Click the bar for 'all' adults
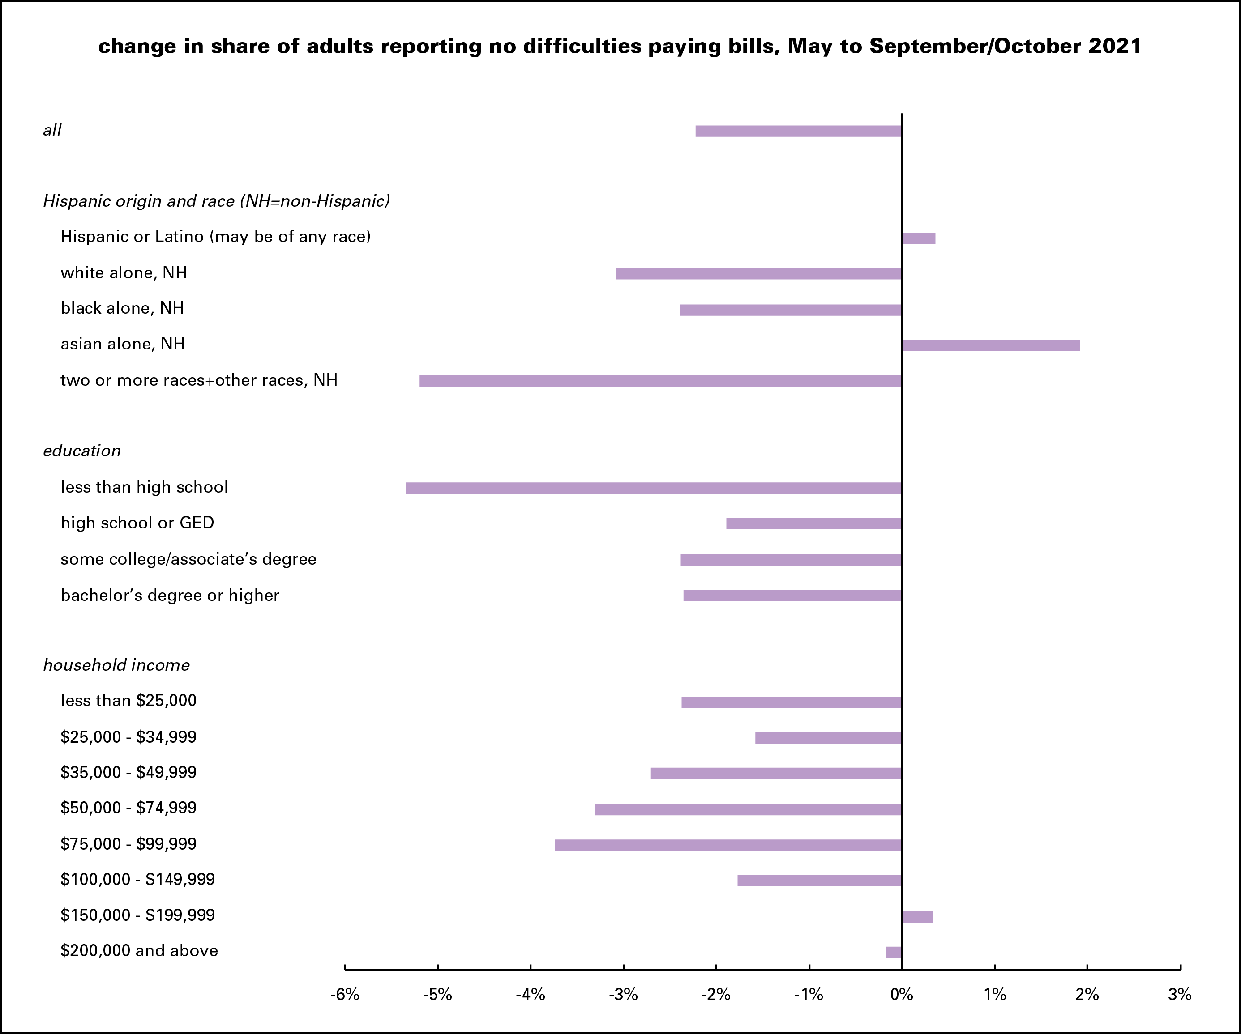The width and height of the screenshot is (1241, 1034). point(798,131)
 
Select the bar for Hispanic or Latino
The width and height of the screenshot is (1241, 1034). point(918,238)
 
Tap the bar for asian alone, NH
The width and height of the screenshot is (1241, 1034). point(990,345)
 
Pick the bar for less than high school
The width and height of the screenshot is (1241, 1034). point(653,488)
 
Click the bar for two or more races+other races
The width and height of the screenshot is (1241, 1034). point(660,381)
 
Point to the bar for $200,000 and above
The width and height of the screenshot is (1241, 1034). point(894,952)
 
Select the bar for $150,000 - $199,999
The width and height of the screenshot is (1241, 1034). point(917,916)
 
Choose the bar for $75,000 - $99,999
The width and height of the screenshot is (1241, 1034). point(727,845)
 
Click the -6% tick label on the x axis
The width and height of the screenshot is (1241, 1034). point(345,995)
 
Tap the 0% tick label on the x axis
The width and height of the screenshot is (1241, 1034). point(901,995)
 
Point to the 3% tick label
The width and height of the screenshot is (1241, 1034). point(1180,995)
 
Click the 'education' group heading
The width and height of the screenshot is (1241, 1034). point(81,451)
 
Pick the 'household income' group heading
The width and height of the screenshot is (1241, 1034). point(116,665)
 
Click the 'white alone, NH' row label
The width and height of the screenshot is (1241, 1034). point(124,273)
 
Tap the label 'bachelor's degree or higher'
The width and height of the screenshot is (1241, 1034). point(170,595)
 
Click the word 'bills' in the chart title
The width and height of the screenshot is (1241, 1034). point(751,46)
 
